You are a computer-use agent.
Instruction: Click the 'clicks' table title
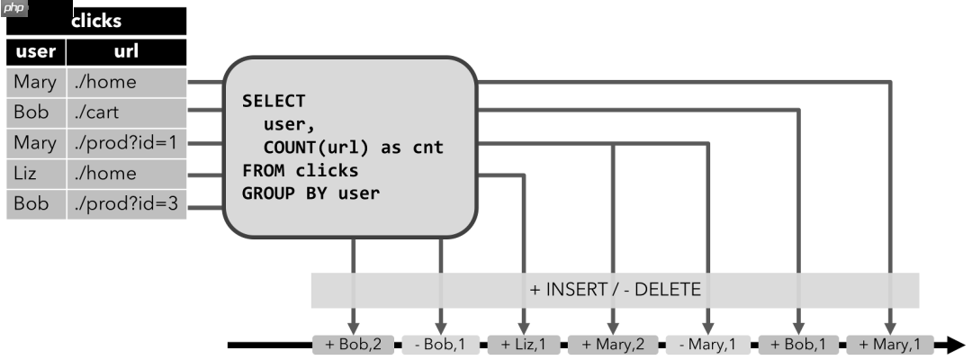96,20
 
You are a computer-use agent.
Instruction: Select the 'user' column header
36,52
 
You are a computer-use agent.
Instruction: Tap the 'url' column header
126,52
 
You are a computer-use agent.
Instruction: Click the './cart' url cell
126,113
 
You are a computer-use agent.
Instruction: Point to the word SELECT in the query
274,101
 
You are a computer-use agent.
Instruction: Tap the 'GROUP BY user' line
310,193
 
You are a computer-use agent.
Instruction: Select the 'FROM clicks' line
300,170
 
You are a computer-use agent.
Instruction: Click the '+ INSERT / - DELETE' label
615,290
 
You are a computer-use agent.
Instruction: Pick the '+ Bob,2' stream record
353,344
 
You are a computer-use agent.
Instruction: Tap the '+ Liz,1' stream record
524,344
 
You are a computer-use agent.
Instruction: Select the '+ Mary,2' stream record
613,344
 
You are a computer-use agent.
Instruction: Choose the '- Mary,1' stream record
708,344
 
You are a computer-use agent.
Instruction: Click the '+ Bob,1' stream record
798,344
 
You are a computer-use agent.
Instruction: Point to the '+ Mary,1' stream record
890,344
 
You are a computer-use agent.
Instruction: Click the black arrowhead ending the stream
955,344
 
